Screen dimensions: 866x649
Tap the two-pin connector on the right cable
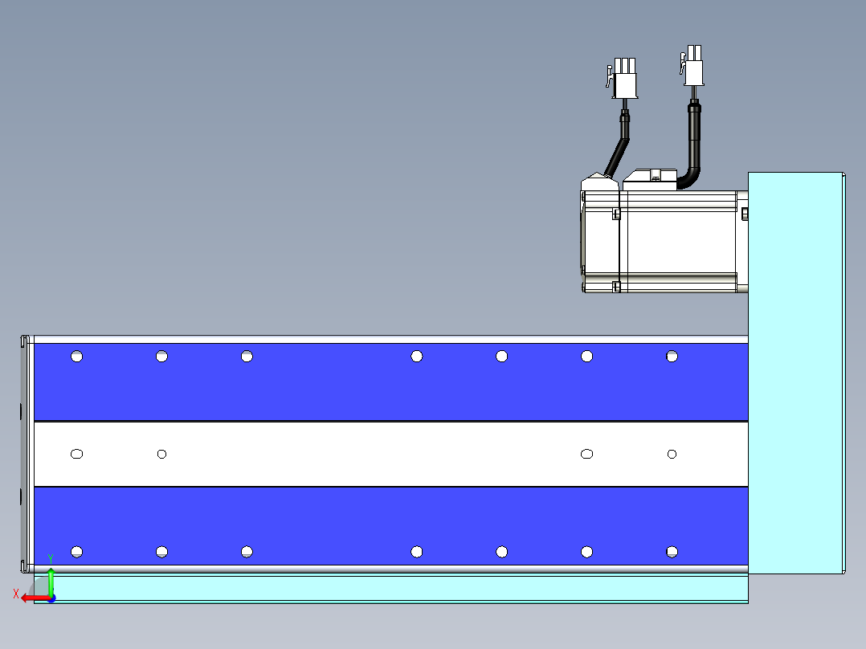(692, 66)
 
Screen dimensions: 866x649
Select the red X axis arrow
(36, 598)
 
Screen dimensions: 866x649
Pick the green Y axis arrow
(51, 582)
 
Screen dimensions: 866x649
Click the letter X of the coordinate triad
(16, 594)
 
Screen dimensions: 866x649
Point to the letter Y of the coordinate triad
(51, 560)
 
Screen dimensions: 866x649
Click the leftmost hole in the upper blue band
(77, 357)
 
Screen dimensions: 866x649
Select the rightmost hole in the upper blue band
(672, 357)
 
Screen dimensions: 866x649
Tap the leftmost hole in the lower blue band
(77, 552)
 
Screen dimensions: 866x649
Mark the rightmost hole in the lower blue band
(672, 552)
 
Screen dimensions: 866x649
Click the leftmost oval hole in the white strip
(77, 454)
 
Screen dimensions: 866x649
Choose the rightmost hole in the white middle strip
(672, 454)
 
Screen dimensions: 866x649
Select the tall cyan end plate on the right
(796, 373)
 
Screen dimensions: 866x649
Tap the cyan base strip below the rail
(391, 588)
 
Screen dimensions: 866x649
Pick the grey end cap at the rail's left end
(26, 454)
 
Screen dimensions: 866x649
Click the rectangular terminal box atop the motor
(650, 180)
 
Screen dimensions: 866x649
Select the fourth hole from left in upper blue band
(416, 357)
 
